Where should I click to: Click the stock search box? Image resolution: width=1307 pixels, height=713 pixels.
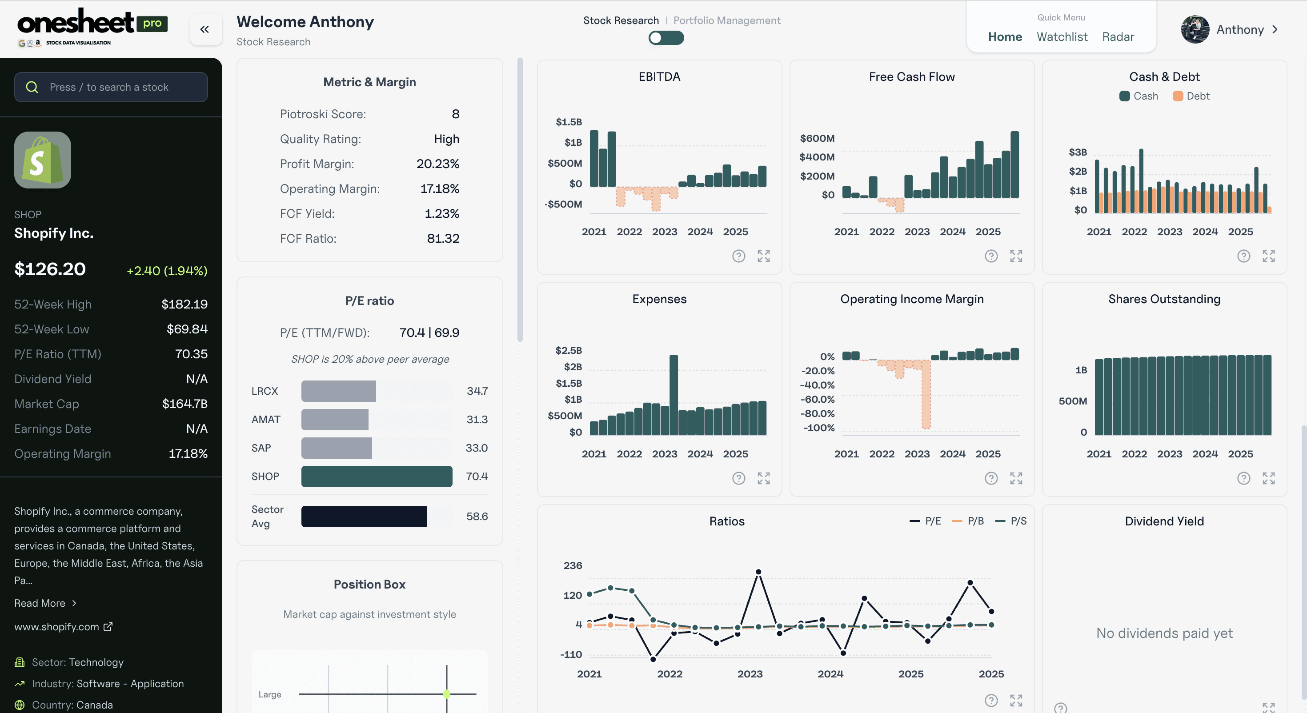coord(111,87)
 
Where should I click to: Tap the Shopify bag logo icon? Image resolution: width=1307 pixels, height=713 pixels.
coord(43,160)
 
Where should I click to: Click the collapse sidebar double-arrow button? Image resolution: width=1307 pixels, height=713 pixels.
coord(205,29)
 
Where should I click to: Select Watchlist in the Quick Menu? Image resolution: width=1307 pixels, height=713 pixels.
coord(1062,36)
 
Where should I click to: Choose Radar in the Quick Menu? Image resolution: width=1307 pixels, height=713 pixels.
coord(1118,36)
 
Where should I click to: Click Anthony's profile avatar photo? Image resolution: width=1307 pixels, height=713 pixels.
coord(1195,29)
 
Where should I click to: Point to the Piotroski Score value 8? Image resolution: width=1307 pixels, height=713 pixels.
coord(455,114)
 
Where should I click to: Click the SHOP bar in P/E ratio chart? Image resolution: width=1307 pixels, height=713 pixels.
coord(377,476)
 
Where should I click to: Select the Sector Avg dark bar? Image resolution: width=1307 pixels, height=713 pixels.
coord(364,516)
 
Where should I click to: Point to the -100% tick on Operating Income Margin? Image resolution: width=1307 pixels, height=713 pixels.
coord(819,428)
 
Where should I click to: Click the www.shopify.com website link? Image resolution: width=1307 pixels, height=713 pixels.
coord(57,627)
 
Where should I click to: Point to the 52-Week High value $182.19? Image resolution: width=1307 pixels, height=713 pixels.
coord(184,304)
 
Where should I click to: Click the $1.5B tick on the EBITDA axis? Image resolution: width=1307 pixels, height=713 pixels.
coord(569,122)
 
